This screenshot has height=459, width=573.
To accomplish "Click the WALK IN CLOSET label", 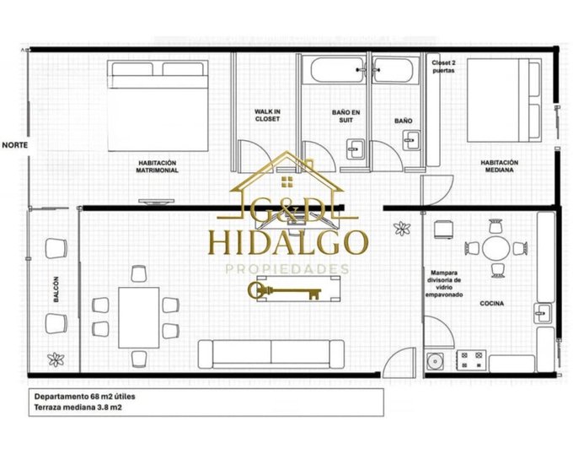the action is pos(267,116).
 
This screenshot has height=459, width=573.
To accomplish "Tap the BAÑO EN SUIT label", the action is pos(345,116).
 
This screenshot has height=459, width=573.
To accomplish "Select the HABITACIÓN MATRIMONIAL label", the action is pos(157,166).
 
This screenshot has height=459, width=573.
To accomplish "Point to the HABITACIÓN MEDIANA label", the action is pos(499,166).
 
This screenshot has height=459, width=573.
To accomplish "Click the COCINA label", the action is pos(491,304).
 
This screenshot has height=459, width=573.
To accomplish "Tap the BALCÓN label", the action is pos(56,289).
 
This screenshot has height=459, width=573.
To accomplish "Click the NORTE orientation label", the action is pos(15,145).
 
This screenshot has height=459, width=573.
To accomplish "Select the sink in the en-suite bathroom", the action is pos(356,149).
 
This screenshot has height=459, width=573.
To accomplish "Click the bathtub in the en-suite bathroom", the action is pos(339,70).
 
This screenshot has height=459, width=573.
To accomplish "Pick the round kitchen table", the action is pos(495,249).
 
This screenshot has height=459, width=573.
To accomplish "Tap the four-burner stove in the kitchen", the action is pos(471,359).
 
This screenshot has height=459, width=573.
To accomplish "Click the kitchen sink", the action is pos(543,313).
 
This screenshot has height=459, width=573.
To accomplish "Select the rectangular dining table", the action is pos(138,317).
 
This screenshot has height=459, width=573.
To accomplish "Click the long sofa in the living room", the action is pos(271,354).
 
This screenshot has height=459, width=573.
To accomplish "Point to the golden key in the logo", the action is pos(285,291).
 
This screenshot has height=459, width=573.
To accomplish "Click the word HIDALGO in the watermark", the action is pos(288,242).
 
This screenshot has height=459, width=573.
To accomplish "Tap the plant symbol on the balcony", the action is pos(56,359).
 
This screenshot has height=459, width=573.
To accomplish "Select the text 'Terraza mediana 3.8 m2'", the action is pos(78,407).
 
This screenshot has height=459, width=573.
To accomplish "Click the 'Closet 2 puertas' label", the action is pos(443,67).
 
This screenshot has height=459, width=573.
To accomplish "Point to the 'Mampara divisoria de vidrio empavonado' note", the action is pos(444,283).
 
